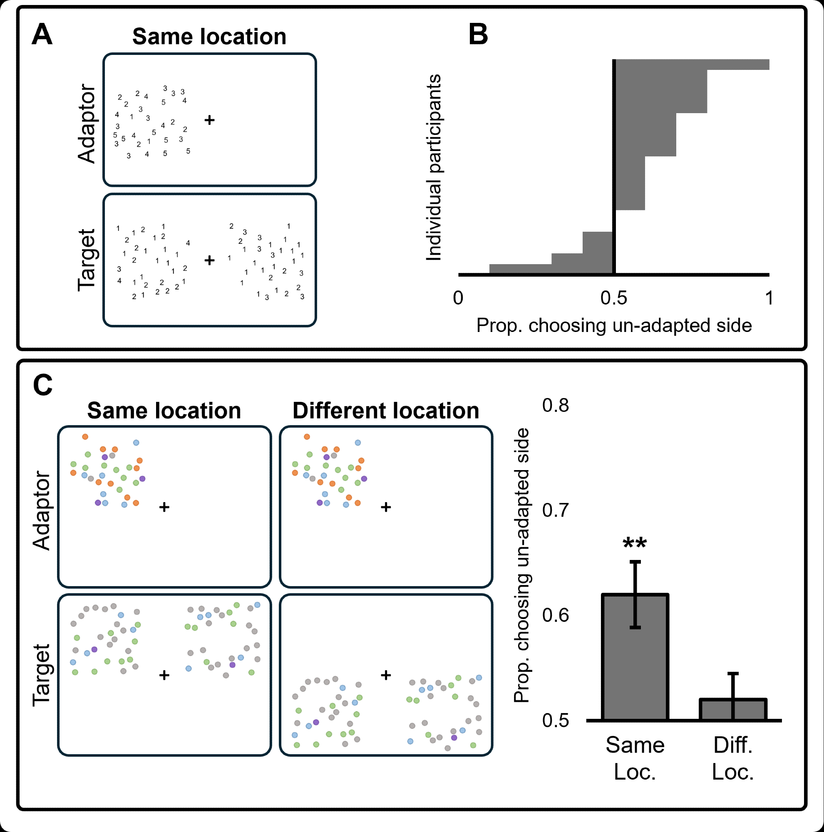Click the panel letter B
[478, 35]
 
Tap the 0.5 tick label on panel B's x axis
[614, 298]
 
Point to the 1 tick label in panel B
[769, 298]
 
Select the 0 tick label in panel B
[458, 298]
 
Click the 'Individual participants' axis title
[434, 168]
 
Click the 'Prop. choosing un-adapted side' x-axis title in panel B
[614, 326]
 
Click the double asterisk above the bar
[635, 544]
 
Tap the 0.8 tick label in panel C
[555, 405]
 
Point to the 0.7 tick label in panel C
[555, 510]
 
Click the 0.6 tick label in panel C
[555, 615]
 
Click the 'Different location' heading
[385, 411]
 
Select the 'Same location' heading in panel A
[209, 37]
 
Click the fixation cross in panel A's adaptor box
[209, 120]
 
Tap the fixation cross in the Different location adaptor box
[386, 507]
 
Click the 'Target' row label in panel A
[87, 260]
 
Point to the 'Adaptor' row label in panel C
[42, 510]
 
